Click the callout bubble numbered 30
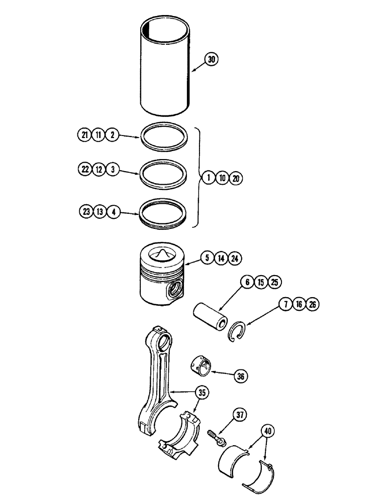click(x=212, y=59)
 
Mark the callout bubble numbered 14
click(x=221, y=259)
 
